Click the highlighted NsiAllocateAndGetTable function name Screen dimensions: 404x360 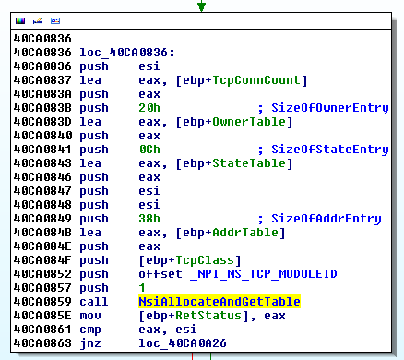tap(220, 302)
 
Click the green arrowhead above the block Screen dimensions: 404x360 tap(201, 6)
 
